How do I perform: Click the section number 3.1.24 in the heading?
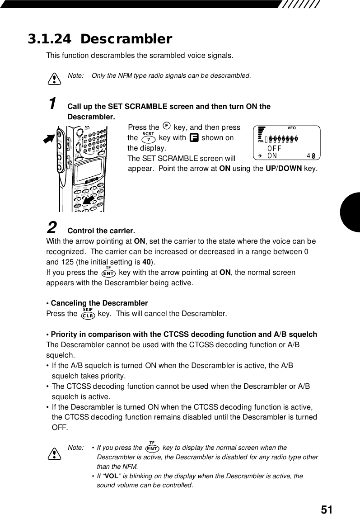[49, 39]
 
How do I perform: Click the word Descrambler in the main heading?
[126, 39]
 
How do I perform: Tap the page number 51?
[327, 509]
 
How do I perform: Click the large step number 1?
[52, 103]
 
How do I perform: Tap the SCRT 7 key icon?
[148, 137]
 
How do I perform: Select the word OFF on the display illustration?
[275, 148]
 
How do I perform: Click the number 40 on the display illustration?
[310, 156]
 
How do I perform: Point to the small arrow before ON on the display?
[260, 156]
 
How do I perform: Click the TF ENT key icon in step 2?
[108, 272]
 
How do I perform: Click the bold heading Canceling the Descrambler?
[99, 303]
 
